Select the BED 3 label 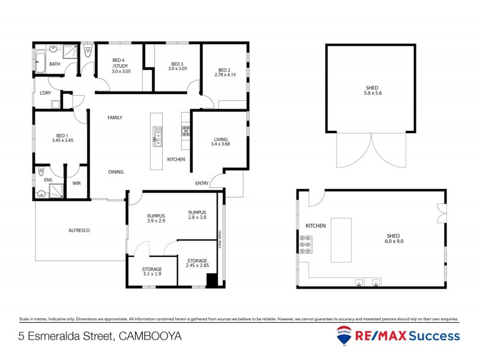tap(178, 64)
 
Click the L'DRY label tap(46, 94)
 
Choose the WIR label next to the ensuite tap(77, 183)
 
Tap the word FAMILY tap(115, 118)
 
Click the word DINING tap(116, 172)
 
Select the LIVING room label tap(220, 139)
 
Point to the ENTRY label tap(202, 183)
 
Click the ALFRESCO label tap(79, 230)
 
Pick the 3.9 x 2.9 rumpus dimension tap(156, 221)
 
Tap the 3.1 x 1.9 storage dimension tap(151, 274)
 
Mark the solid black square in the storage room tap(211, 280)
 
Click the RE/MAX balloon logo tap(344, 337)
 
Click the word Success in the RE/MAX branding tap(435, 336)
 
